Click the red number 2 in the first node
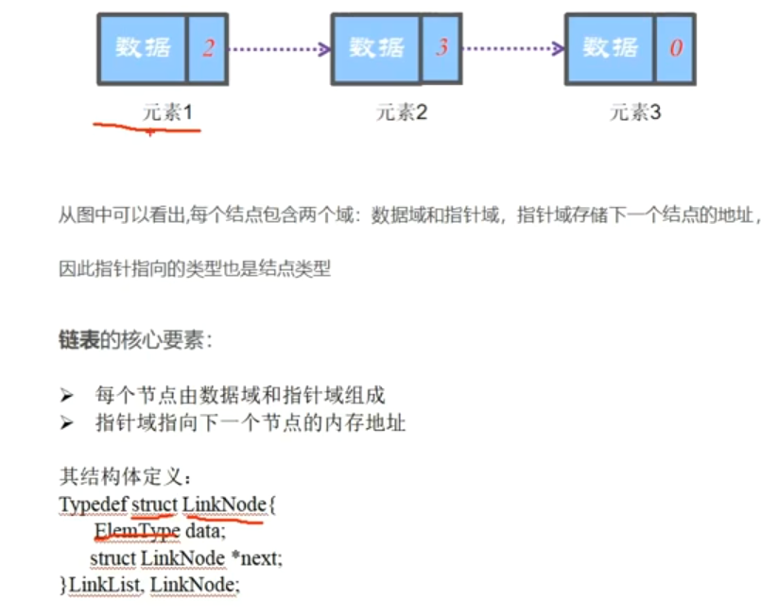point(208,47)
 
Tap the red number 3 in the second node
point(441,47)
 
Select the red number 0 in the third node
point(676,47)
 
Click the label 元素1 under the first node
point(167,112)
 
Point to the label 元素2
point(402,112)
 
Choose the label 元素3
point(635,112)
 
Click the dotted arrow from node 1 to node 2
point(279,48)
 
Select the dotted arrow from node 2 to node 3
point(512,48)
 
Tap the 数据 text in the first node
point(142,47)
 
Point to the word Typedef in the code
point(92,505)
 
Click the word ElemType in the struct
point(136,531)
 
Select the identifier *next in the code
point(255,558)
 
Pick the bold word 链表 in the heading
point(78,341)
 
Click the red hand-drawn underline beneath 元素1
point(147,128)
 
